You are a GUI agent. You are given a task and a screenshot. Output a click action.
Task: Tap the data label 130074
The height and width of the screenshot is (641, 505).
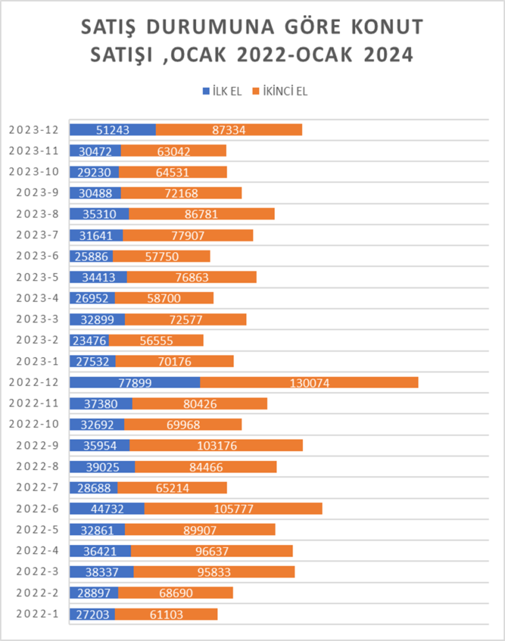pos(309,382)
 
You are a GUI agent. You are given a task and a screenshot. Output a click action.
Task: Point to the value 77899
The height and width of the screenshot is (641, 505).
pos(135,382)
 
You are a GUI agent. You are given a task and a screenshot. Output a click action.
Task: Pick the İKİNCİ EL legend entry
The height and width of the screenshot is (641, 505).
pos(280,91)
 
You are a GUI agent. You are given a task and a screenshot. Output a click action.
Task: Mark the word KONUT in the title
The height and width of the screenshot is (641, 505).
pos(386,27)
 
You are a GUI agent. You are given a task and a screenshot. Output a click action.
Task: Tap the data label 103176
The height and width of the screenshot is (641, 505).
pos(216,445)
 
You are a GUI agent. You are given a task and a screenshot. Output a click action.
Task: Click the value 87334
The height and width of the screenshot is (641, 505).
pos(229,130)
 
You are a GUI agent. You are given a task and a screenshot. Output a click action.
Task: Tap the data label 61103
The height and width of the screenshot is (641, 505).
pos(166,614)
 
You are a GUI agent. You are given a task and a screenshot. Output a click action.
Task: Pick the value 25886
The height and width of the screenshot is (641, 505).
pos(91,256)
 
